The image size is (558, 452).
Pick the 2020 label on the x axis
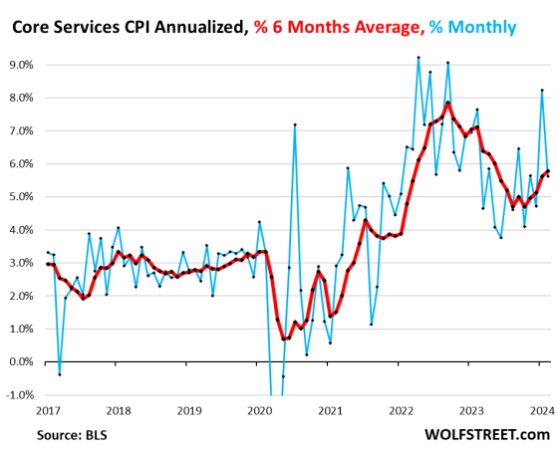259,409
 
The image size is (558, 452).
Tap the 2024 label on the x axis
542,409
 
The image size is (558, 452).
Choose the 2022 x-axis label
401,409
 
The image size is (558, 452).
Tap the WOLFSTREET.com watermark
485,434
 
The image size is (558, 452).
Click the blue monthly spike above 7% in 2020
295,124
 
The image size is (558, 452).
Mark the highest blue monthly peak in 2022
418,58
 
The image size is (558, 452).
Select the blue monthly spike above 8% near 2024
541,91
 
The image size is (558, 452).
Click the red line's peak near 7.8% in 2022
448,103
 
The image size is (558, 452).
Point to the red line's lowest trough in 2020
283,339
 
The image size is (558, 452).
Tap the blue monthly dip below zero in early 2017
58,374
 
